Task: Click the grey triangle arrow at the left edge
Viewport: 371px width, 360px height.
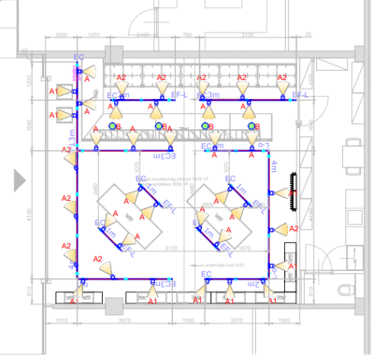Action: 21,180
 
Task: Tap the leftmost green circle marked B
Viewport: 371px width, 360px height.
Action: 113,126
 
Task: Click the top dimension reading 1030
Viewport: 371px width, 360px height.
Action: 62,35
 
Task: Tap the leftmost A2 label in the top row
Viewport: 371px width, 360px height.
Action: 120,78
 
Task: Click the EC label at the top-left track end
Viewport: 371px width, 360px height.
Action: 78,58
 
